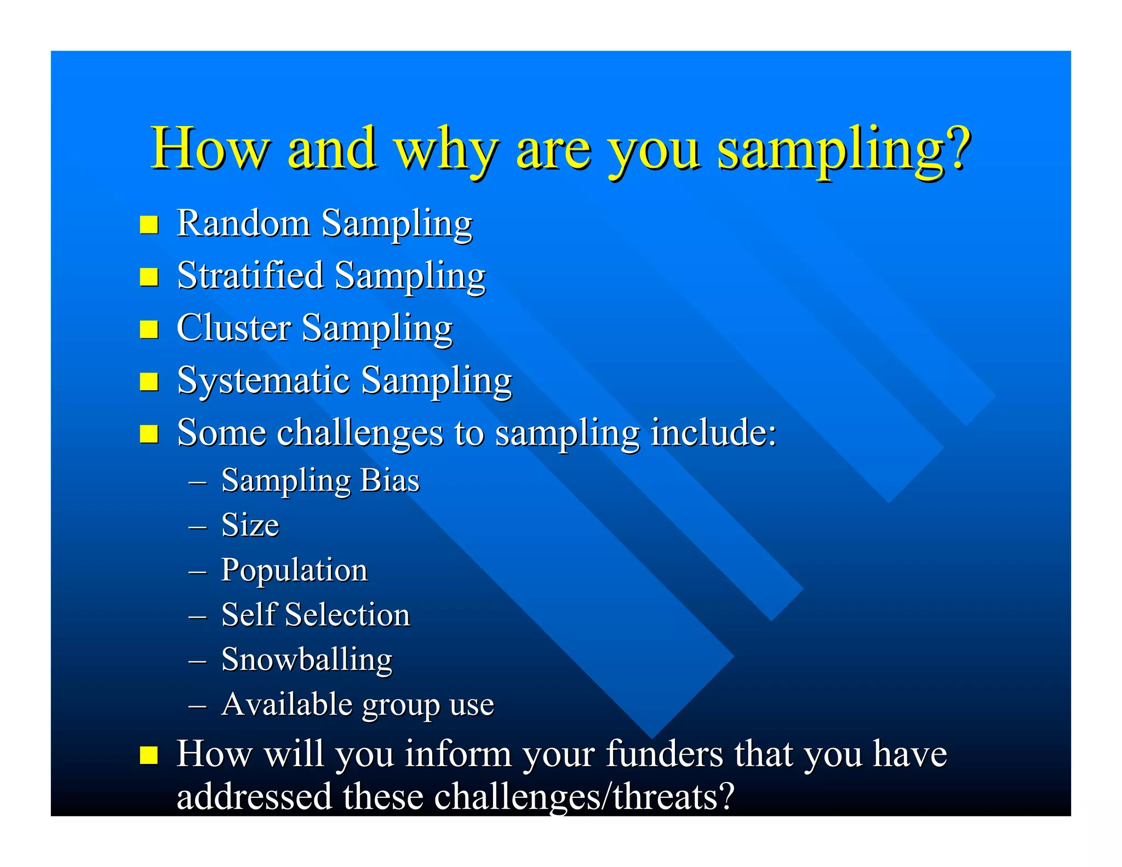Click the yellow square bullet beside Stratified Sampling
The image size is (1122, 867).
149,277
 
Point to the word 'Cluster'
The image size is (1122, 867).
233,328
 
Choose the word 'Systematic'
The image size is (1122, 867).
264,380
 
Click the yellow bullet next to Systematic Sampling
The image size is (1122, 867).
149,381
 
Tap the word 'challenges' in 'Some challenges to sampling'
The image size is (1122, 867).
359,433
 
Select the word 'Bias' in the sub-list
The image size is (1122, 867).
390,481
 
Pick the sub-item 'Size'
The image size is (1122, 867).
250,525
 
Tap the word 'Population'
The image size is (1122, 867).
294,571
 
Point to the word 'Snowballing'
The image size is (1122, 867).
307,660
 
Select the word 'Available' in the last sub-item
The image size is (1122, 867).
287,704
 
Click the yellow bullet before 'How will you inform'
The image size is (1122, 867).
149,755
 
